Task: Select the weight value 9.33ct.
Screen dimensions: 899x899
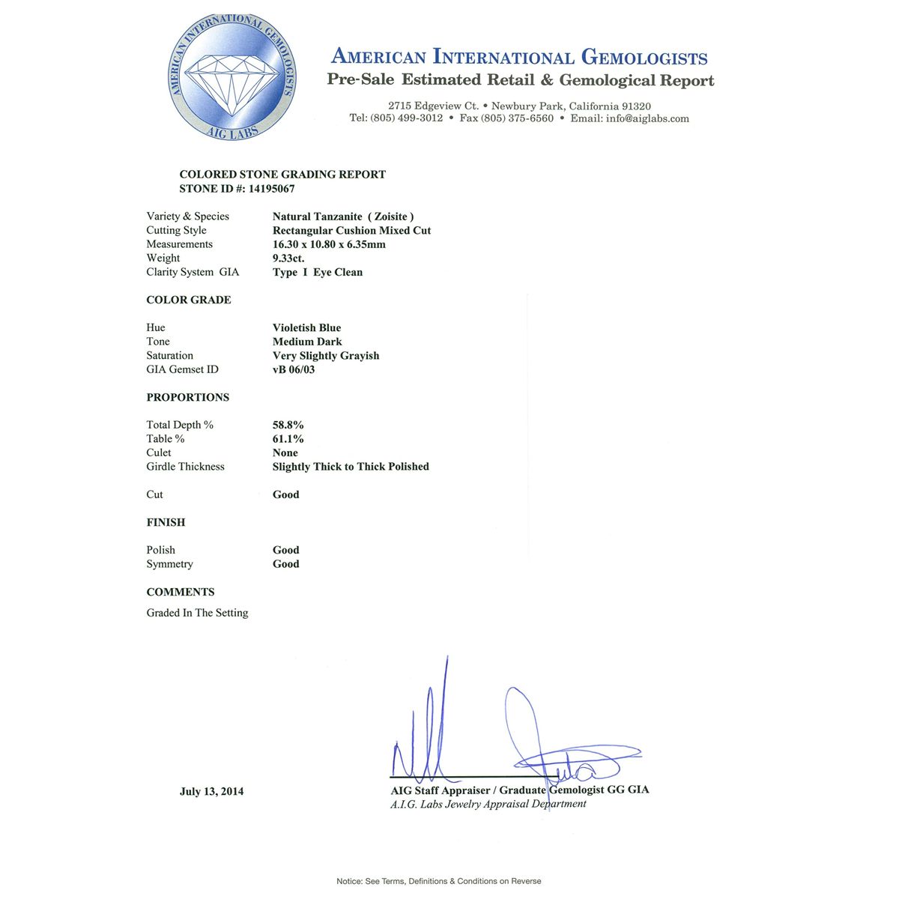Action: click(288, 258)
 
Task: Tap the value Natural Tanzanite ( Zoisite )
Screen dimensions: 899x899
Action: click(343, 217)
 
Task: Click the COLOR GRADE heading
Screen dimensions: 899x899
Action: click(189, 300)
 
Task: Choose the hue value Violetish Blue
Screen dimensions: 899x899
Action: click(306, 327)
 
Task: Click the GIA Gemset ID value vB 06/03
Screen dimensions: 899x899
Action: click(294, 369)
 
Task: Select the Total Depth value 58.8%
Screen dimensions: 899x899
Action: click(288, 425)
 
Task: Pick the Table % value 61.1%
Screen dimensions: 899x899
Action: click(288, 439)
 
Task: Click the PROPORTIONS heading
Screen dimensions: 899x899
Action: click(188, 397)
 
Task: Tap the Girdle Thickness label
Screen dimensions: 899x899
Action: click(185, 467)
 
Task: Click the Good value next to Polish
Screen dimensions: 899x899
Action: click(285, 550)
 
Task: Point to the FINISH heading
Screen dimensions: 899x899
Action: click(166, 522)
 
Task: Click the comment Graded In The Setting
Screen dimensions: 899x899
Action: click(197, 613)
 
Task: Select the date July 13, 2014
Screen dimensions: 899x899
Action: click(211, 791)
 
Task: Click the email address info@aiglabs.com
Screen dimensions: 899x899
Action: click(648, 118)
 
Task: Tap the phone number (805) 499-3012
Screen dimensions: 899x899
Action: click(407, 118)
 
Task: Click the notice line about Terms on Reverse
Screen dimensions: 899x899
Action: click(438, 881)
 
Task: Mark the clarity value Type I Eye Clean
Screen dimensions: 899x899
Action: click(318, 272)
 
